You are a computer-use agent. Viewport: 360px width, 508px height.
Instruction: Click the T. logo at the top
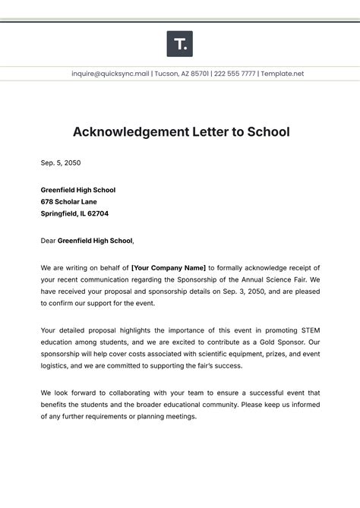[179, 44]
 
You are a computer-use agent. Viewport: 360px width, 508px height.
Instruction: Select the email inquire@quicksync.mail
[111, 74]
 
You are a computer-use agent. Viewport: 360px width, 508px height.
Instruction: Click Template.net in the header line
[283, 74]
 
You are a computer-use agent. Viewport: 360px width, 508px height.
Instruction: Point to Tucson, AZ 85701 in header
[180, 74]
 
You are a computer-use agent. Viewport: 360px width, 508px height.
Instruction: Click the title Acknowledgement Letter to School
[181, 131]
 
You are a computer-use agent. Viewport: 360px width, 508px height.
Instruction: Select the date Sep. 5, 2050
[61, 162]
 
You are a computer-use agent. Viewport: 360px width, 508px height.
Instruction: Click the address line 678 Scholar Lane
[68, 202]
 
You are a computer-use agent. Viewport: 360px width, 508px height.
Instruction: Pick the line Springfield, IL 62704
[74, 213]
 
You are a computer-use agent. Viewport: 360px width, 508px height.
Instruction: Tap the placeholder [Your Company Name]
[169, 267]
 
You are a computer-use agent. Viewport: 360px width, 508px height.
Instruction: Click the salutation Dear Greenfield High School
[87, 241]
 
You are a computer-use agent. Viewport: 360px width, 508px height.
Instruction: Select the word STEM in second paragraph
[305, 330]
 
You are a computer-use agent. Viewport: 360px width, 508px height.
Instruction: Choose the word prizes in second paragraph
[262, 354]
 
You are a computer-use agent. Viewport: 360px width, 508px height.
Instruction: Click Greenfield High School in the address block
[78, 190]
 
